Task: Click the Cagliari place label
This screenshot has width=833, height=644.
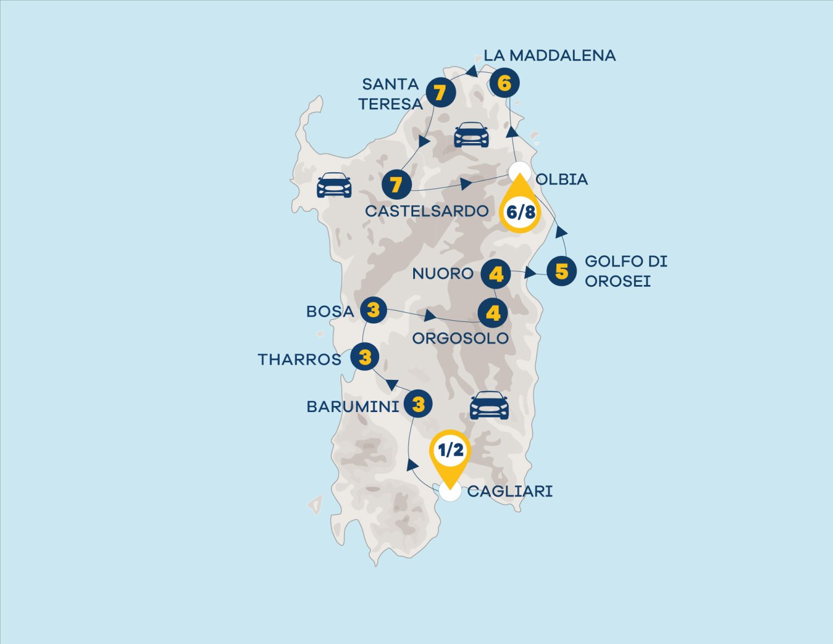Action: [x=510, y=491]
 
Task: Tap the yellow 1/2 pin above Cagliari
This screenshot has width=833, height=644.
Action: [x=451, y=451]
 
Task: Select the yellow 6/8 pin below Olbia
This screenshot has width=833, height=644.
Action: [x=520, y=210]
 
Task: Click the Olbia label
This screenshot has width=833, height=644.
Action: [x=562, y=179]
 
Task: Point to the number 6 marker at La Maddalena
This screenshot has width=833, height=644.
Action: [x=504, y=83]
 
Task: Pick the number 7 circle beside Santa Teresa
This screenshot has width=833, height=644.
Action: [x=440, y=93]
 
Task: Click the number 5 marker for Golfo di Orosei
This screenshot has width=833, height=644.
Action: [x=561, y=271]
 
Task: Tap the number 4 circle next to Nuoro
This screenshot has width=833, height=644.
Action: [x=496, y=274]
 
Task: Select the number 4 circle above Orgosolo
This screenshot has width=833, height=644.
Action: [x=493, y=313]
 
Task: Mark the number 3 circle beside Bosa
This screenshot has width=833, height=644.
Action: [x=373, y=310]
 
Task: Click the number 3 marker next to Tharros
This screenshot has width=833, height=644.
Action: [x=365, y=357]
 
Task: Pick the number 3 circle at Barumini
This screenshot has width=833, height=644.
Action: [x=419, y=404]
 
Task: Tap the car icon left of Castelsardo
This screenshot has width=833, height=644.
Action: [x=334, y=185]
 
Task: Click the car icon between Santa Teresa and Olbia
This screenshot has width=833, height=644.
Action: [x=471, y=135]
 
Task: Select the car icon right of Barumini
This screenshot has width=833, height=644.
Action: [x=489, y=405]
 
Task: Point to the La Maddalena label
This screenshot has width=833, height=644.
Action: [x=549, y=55]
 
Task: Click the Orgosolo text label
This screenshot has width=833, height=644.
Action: [x=460, y=338]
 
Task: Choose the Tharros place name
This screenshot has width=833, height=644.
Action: [x=300, y=359]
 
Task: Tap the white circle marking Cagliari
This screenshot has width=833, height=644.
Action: [x=450, y=492]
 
